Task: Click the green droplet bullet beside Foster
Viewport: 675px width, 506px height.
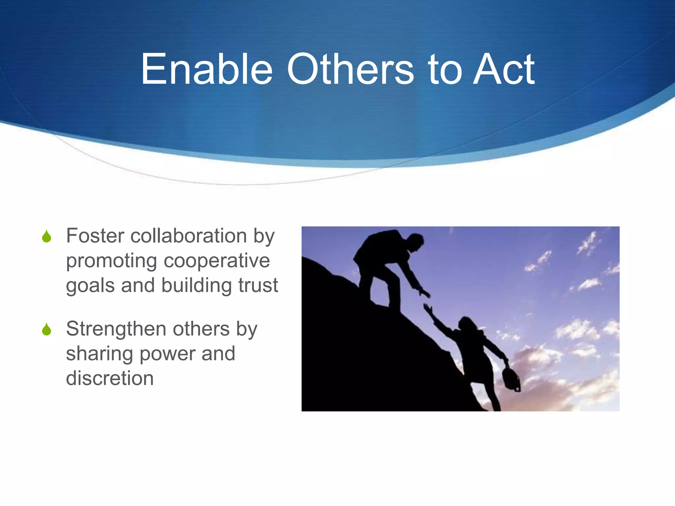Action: coord(47,237)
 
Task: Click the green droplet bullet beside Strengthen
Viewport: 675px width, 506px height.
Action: coord(47,329)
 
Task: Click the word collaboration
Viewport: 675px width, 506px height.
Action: coord(189,236)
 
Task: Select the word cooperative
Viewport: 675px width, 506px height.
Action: coord(217,261)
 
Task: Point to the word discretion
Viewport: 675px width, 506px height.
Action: coord(110,378)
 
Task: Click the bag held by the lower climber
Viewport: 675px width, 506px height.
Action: coord(511,379)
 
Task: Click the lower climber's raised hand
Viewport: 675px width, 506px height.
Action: coord(428,309)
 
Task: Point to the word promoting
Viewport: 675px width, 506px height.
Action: coord(111,261)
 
